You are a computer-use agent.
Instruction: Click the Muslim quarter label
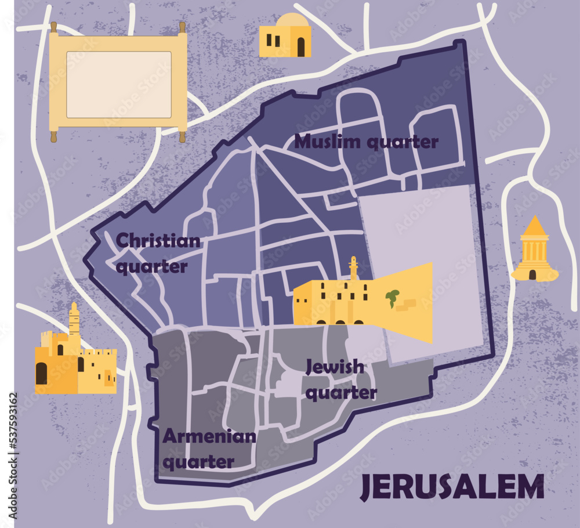(366, 142)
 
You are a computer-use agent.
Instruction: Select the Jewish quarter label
(340, 380)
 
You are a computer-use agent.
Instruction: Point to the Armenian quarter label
(208, 449)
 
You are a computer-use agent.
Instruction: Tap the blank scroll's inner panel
(119, 85)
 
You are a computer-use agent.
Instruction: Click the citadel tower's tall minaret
(74, 320)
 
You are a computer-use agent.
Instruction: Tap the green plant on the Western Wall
(393, 297)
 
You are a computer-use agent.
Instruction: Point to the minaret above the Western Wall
(353, 269)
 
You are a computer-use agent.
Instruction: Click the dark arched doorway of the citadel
(41, 373)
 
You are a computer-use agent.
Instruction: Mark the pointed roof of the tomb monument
(535, 226)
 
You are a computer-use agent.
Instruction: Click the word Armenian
(208, 436)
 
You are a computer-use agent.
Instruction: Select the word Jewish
(335, 367)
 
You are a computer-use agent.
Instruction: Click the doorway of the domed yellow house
(300, 47)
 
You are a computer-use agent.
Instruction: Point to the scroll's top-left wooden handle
(53, 27)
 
